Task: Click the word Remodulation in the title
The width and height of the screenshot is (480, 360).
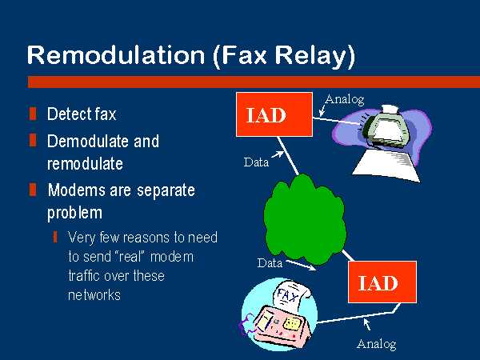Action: pyautogui.click(x=116, y=55)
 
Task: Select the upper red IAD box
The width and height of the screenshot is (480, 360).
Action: pyautogui.click(x=274, y=114)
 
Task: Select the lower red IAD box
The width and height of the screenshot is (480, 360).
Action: pyautogui.click(x=382, y=282)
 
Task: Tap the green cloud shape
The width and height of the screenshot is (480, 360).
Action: pyautogui.click(x=305, y=219)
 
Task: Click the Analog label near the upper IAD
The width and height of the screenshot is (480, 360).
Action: pyautogui.click(x=345, y=99)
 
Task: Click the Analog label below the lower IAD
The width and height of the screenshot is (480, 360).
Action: pyautogui.click(x=377, y=344)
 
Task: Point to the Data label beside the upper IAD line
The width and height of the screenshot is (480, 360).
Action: pyautogui.click(x=256, y=162)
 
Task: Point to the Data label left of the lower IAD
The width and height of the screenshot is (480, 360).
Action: pyautogui.click(x=270, y=263)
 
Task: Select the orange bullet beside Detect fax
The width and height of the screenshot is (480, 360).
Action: pyautogui.click(x=33, y=114)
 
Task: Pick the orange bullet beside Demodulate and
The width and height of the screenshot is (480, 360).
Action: pyautogui.click(x=33, y=140)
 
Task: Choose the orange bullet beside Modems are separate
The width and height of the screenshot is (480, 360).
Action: pyautogui.click(x=33, y=190)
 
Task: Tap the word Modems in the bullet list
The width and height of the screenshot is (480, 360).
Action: pyautogui.click(x=76, y=190)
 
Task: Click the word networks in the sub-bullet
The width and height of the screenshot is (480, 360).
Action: pyautogui.click(x=94, y=295)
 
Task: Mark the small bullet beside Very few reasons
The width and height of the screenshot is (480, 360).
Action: pyautogui.click(x=55, y=237)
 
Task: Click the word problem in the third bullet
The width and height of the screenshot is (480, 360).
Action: pyautogui.click(x=74, y=213)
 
